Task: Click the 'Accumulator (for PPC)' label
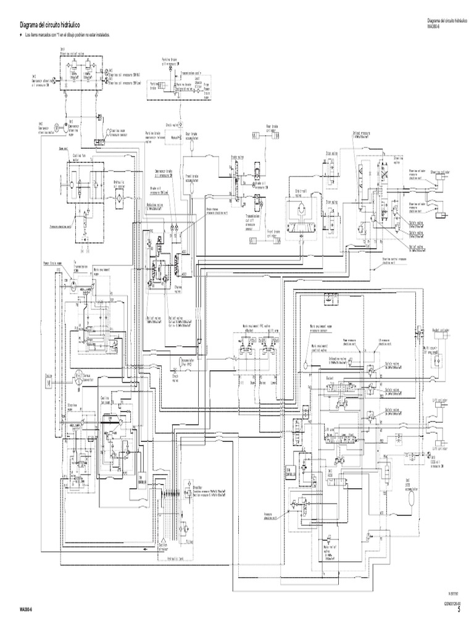click(x=188, y=360)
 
